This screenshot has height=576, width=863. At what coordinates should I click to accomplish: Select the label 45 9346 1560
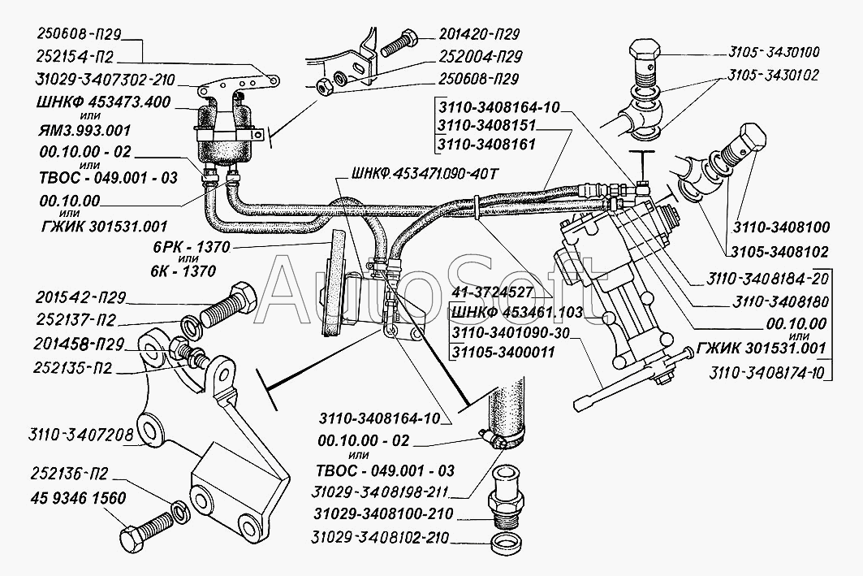[72, 499]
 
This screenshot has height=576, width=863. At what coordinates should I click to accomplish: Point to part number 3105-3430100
[775, 52]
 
